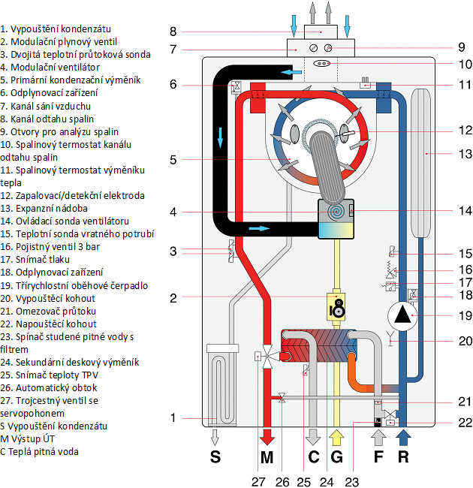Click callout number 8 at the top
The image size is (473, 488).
pyautogui.click(x=173, y=32)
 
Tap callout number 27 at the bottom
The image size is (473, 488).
pyautogui.click(x=258, y=480)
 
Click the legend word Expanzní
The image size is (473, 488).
pyautogui.click(x=33, y=209)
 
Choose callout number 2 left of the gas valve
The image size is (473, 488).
pyautogui.click(x=173, y=298)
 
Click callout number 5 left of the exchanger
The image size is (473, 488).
pyautogui.click(x=173, y=159)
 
